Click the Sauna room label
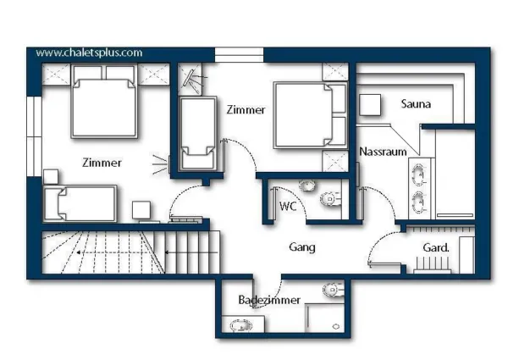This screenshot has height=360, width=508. [416, 103]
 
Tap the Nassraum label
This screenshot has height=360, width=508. [383, 152]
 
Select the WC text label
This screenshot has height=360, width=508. [288, 206]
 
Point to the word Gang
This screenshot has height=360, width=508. [302, 247]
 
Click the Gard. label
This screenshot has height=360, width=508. [436, 248]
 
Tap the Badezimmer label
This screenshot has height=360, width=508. [269, 300]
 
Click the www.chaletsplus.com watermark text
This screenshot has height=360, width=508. [89, 53]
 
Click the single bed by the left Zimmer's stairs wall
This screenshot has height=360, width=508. [80, 203]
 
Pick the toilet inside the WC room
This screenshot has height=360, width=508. [330, 198]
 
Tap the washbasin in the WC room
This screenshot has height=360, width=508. [307, 186]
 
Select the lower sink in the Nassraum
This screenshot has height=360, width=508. [418, 202]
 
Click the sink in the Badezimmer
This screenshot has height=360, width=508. [241, 325]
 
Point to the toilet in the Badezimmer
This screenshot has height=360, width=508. [334, 289]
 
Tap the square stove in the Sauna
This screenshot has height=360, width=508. [370, 105]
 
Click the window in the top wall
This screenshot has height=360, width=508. [239, 54]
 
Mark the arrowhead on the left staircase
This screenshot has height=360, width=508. [79, 252]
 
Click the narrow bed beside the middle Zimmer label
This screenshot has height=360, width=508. [198, 133]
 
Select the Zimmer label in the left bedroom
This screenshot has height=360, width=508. [102, 163]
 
